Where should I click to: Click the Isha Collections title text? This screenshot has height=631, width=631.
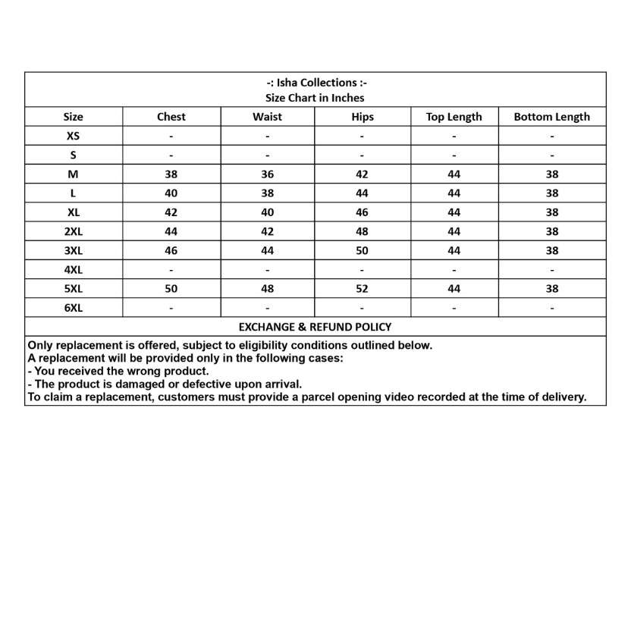click(315, 83)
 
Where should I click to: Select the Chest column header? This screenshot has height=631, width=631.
click(171, 117)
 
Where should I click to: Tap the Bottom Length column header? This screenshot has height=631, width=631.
click(551, 117)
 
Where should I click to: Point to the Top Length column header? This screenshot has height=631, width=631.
click(454, 117)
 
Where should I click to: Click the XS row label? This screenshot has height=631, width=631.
click(74, 137)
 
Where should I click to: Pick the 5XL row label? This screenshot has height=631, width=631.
click(74, 289)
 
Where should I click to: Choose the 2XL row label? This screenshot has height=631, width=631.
click(74, 231)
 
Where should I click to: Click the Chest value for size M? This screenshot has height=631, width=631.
click(171, 174)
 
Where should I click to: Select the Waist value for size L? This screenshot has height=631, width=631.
click(267, 193)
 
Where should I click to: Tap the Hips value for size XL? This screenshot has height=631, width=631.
click(362, 212)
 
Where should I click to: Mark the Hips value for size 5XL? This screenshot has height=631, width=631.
click(362, 289)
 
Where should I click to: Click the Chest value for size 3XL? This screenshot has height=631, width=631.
click(171, 251)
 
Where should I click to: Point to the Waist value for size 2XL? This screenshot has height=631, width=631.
click(267, 231)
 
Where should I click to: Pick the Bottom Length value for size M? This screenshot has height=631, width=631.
click(551, 174)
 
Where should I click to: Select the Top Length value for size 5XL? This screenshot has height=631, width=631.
click(454, 289)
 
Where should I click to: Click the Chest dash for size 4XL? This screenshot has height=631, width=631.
click(171, 270)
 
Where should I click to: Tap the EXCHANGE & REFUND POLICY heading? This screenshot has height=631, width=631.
click(315, 327)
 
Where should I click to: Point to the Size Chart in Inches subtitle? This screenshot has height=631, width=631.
click(315, 98)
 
